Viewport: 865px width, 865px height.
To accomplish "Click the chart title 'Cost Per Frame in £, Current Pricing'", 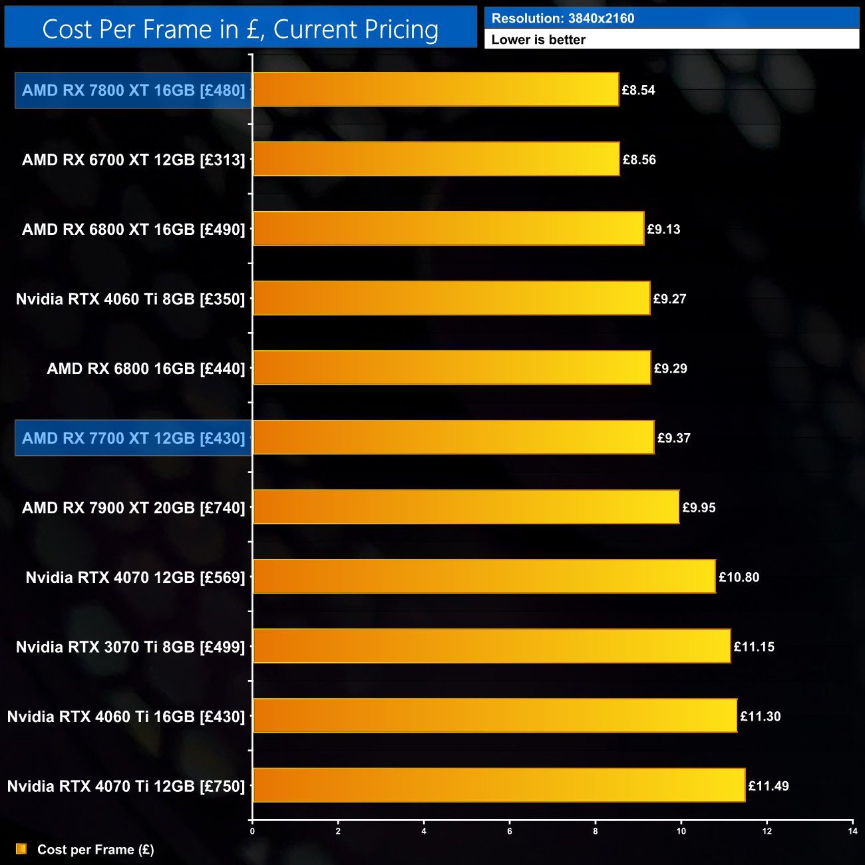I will (240, 29).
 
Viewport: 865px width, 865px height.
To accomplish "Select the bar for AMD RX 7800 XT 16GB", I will (436, 90).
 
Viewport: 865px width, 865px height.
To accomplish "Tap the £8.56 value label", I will (639, 160).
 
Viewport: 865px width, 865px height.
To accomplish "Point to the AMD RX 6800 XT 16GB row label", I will (133, 230).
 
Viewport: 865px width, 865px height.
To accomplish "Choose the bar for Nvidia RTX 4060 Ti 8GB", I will (451, 299).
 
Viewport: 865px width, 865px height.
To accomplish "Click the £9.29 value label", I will (670, 369).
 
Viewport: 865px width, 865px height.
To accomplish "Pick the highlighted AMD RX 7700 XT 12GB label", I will (133, 438).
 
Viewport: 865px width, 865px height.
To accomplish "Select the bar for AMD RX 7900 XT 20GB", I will (466, 508).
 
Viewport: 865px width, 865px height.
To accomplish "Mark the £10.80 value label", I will (739, 578).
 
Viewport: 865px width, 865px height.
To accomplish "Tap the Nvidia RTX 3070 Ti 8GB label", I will (130, 647).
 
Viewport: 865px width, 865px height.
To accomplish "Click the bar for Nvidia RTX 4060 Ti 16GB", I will (495, 716).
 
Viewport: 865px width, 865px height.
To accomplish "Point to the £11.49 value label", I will (769, 786).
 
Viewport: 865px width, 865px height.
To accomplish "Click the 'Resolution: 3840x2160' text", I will (563, 19).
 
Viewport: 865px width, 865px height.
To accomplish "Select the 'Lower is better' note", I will (538, 40).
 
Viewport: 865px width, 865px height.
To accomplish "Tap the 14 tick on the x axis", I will (852, 831).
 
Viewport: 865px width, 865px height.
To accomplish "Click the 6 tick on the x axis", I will (510, 831).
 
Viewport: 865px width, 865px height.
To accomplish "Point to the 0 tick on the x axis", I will (252, 831).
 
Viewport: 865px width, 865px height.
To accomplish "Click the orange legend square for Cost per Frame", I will (21, 849).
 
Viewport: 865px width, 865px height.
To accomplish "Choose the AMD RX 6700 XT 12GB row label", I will (133, 160).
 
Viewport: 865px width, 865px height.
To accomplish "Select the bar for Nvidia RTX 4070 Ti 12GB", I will (499, 786).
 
